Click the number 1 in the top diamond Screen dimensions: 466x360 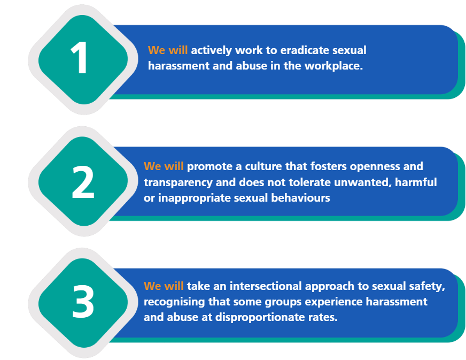click(x=80, y=58)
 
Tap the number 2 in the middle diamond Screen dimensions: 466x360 click(x=83, y=182)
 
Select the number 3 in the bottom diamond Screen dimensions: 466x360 click(x=83, y=301)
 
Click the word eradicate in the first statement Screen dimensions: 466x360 click(x=305, y=50)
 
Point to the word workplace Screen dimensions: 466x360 click(x=334, y=66)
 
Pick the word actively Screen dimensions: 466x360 click(x=211, y=51)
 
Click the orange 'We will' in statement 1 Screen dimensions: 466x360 click(x=168, y=50)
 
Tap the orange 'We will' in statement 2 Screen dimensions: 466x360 click(x=164, y=166)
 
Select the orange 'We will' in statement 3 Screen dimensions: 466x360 click(x=164, y=286)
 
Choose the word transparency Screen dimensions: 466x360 click(x=178, y=183)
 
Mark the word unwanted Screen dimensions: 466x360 click(x=363, y=182)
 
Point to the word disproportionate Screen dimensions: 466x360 click(x=256, y=317)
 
